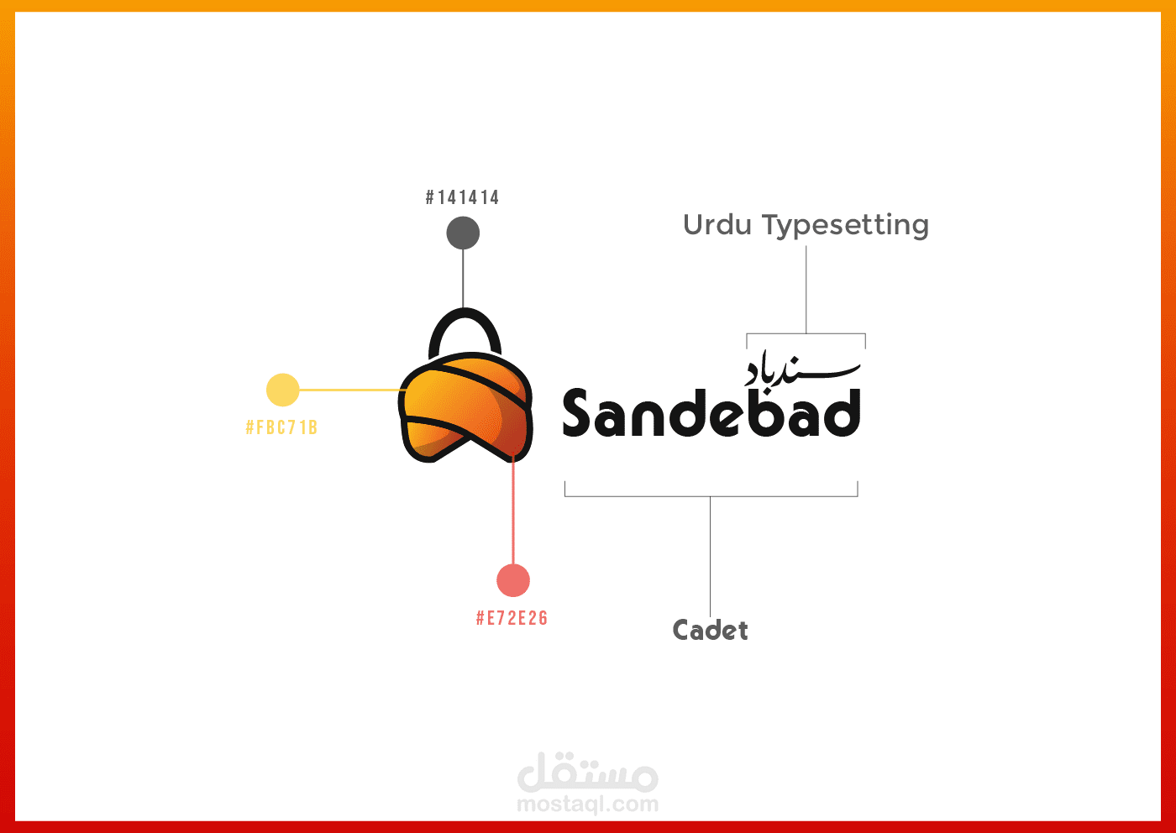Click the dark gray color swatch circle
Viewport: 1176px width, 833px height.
coord(463,233)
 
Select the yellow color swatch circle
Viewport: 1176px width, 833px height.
coord(282,390)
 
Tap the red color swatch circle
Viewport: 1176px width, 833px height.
coord(513,580)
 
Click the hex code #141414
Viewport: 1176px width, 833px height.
coord(462,197)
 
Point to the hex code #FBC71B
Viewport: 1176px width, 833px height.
coord(281,427)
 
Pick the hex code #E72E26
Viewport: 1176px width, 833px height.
coord(512,618)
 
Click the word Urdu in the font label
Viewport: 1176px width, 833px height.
coord(717,225)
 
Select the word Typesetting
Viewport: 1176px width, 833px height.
coord(845,226)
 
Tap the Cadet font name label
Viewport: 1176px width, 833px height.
coord(710,630)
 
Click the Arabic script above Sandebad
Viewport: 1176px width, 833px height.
coord(802,370)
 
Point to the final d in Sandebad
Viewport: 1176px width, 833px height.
coord(840,412)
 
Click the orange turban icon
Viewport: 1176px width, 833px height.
coord(465,407)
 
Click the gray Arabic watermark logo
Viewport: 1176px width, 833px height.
coord(587,772)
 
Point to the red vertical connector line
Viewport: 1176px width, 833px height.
coord(513,508)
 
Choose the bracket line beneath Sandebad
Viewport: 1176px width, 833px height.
coord(711,496)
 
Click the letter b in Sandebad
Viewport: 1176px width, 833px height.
coord(763,412)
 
